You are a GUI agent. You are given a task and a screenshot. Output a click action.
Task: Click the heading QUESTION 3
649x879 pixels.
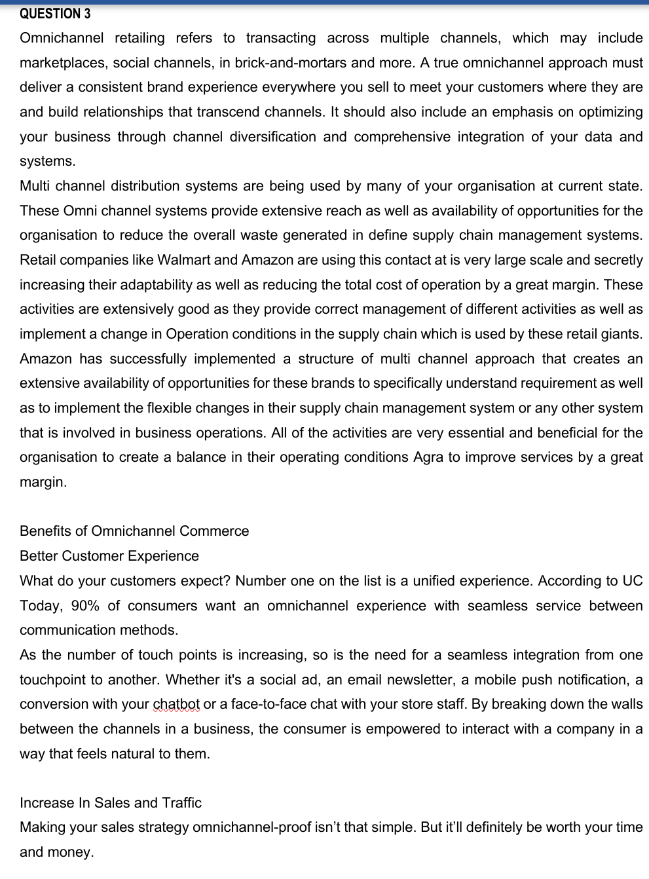tap(55, 14)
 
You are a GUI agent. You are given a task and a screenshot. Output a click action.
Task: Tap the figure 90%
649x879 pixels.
tap(84, 606)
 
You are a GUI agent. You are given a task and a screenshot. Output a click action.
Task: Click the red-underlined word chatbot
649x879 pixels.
tap(176, 704)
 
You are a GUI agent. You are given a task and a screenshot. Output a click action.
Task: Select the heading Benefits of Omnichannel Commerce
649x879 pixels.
tap(134, 531)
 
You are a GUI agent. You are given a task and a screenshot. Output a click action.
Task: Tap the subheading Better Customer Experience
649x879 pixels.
tap(109, 556)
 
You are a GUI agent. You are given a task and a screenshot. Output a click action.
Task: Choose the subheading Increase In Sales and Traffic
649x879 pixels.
tap(111, 803)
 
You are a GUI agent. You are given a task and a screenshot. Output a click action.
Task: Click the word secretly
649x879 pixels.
tap(618, 260)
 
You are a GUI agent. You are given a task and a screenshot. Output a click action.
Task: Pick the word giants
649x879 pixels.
tap(621, 334)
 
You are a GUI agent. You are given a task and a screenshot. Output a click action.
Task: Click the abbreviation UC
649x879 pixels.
tap(632, 581)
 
